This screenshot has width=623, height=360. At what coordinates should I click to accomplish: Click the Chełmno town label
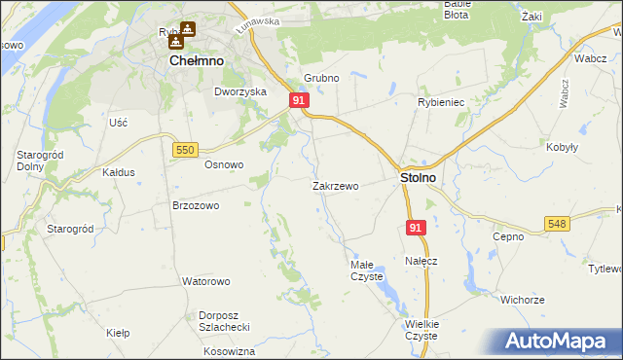pyautogui.click(x=197, y=60)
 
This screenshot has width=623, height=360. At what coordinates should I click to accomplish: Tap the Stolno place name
pyautogui.click(x=418, y=179)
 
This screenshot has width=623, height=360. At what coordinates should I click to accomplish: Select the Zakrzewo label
pyautogui.click(x=336, y=185)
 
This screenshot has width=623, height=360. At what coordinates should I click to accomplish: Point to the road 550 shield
pyautogui.click(x=186, y=149)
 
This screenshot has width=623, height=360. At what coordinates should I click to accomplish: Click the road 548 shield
pyautogui.click(x=557, y=224)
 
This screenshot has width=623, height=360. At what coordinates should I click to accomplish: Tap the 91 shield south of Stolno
pyautogui.click(x=416, y=228)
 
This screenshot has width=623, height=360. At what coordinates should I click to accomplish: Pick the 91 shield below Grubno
pyautogui.click(x=299, y=101)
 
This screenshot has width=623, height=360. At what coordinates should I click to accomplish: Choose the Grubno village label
pyautogui.click(x=320, y=77)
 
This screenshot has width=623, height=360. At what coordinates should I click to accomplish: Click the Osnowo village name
pyautogui.click(x=223, y=164)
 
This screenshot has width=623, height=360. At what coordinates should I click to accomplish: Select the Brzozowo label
pyautogui.click(x=196, y=206)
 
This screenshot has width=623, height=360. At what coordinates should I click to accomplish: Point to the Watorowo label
pyautogui.click(x=205, y=281)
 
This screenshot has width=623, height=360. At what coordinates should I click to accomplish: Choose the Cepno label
pyautogui.click(x=508, y=236)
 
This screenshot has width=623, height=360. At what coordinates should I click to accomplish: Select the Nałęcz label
pyautogui.click(x=421, y=261)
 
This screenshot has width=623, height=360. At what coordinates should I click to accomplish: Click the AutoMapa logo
pyautogui.click(x=561, y=342)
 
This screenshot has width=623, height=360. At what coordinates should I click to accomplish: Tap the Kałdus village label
pyautogui.click(x=118, y=172)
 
